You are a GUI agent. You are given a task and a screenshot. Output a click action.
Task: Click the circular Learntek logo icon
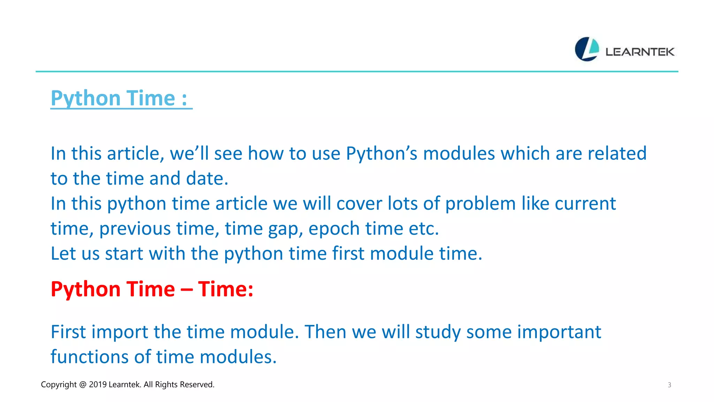pos(587,49)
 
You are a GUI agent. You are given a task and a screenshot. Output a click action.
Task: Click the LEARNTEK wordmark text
pos(640,52)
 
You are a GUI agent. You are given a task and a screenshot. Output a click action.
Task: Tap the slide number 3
pos(669,385)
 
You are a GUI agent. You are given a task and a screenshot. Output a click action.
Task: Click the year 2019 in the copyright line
pos(98,385)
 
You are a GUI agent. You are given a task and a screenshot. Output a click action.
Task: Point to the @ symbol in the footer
pos(83,385)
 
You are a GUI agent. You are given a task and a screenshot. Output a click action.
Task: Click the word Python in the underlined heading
pos(83,99)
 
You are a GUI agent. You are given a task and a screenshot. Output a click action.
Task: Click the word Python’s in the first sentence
pos(381,154)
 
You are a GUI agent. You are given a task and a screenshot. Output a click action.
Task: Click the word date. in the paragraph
pos(207,179)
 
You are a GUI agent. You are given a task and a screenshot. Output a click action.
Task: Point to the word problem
pos(480,204)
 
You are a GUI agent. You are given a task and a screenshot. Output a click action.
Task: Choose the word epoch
pos(334,229)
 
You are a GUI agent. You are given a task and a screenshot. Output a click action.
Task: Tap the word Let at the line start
pos(63,254)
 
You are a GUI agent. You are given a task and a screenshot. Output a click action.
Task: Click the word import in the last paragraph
pos(120,333)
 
